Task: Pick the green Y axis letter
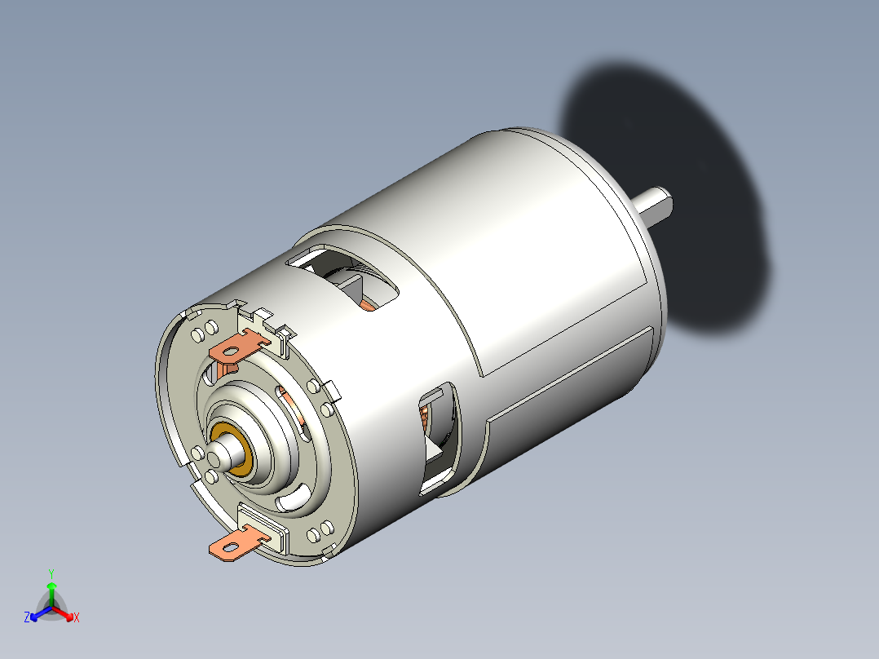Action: [x=51, y=573]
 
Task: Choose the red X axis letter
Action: [x=77, y=617]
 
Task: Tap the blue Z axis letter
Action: [x=27, y=617]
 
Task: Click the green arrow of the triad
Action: [x=51, y=591]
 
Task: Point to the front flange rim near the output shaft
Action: [x=657, y=269]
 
